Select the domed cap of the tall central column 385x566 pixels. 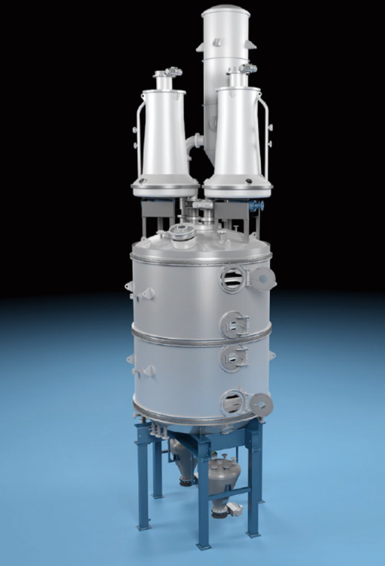click(226, 14)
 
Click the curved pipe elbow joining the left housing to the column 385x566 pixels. click(195, 142)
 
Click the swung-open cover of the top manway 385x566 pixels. click(262, 279)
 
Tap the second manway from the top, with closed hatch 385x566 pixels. click(234, 324)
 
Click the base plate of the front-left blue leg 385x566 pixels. click(158, 494)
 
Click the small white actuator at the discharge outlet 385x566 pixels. click(234, 510)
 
